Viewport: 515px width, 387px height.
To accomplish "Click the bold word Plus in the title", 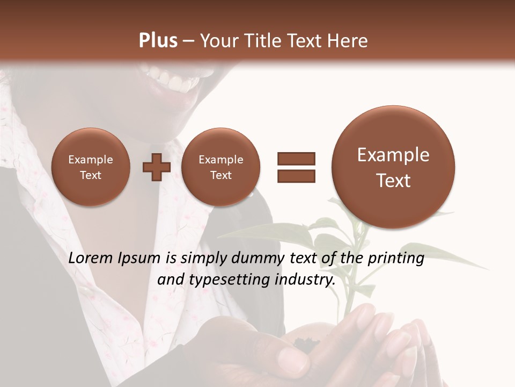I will point(158,41).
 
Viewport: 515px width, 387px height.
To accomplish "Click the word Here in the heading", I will point(348,41).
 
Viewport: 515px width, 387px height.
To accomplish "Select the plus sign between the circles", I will point(156,167).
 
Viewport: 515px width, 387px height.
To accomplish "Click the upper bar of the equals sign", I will point(296,159).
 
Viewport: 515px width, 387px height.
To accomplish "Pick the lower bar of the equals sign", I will point(296,176).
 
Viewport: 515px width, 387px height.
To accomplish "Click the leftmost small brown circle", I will point(91,167).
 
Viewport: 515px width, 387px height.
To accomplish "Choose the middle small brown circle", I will point(220,167).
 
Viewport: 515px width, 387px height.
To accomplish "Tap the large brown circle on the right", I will point(393,167).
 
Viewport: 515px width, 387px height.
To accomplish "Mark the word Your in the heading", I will point(218,41).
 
